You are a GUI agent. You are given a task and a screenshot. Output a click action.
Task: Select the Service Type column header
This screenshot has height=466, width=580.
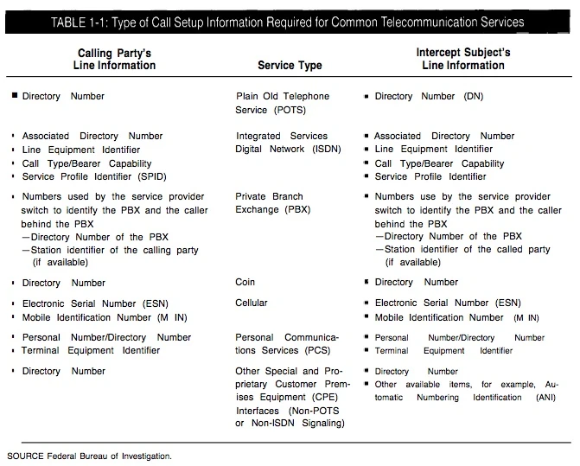coord(290,65)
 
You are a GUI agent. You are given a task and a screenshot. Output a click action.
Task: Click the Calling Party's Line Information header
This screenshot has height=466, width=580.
coord(117,59)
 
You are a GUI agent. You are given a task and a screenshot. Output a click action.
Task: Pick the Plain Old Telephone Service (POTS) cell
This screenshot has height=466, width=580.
coord(282,104)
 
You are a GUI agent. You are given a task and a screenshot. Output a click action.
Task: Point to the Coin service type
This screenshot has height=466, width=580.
coord(245,282)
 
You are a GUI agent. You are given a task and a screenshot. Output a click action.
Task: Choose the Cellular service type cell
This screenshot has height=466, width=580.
coord(252,303)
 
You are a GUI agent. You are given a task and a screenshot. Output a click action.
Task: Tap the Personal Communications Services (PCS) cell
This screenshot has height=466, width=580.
coord(287,344)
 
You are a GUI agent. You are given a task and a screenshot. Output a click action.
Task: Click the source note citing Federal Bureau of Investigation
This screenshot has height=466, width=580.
coord(89,454)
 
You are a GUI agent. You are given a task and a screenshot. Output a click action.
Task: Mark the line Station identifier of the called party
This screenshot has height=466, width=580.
coord(467,250)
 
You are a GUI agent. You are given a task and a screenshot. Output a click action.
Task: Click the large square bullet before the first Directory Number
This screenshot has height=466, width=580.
coord(14,96)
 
